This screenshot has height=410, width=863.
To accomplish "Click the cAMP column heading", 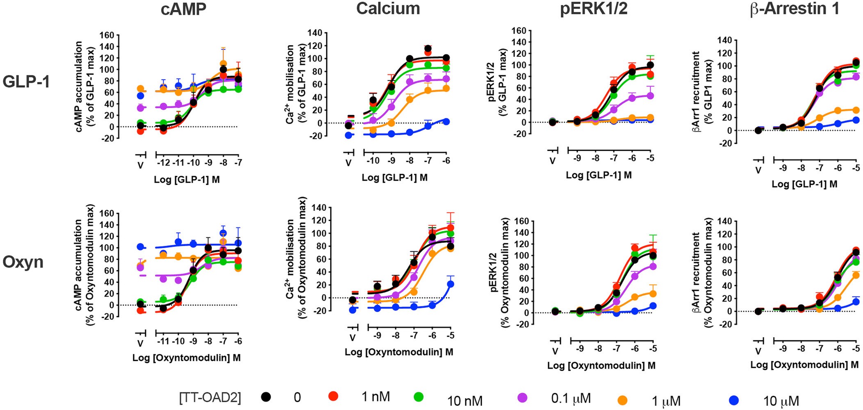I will click(x=183, y=9).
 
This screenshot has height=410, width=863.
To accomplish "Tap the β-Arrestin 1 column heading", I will click(x=794, y=9).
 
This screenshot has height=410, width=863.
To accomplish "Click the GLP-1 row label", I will click(x=26, y=82).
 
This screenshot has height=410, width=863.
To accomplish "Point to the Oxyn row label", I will click(x=23, y=262).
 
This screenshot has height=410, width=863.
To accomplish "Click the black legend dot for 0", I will click(x=266, y=396).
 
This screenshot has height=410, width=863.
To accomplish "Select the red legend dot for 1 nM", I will click(x=333, y=396).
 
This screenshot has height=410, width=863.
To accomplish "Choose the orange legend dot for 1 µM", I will click(x=622, y=400).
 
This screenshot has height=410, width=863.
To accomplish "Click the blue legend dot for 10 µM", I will click(x=734, y=400).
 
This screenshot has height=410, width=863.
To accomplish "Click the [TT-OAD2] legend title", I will click(x=210, y=397).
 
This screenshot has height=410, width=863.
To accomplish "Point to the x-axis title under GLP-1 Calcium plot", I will click(x=394, y=178).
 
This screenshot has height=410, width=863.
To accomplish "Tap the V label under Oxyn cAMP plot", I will click(x=140, y=343).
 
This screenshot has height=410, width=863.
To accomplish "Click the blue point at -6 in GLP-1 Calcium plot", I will click(x=446, y=122).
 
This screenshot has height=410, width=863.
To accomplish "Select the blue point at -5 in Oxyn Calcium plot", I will click(x=450, y=284).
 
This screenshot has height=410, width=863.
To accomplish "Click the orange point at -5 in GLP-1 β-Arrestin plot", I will click(x=856, y=110).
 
